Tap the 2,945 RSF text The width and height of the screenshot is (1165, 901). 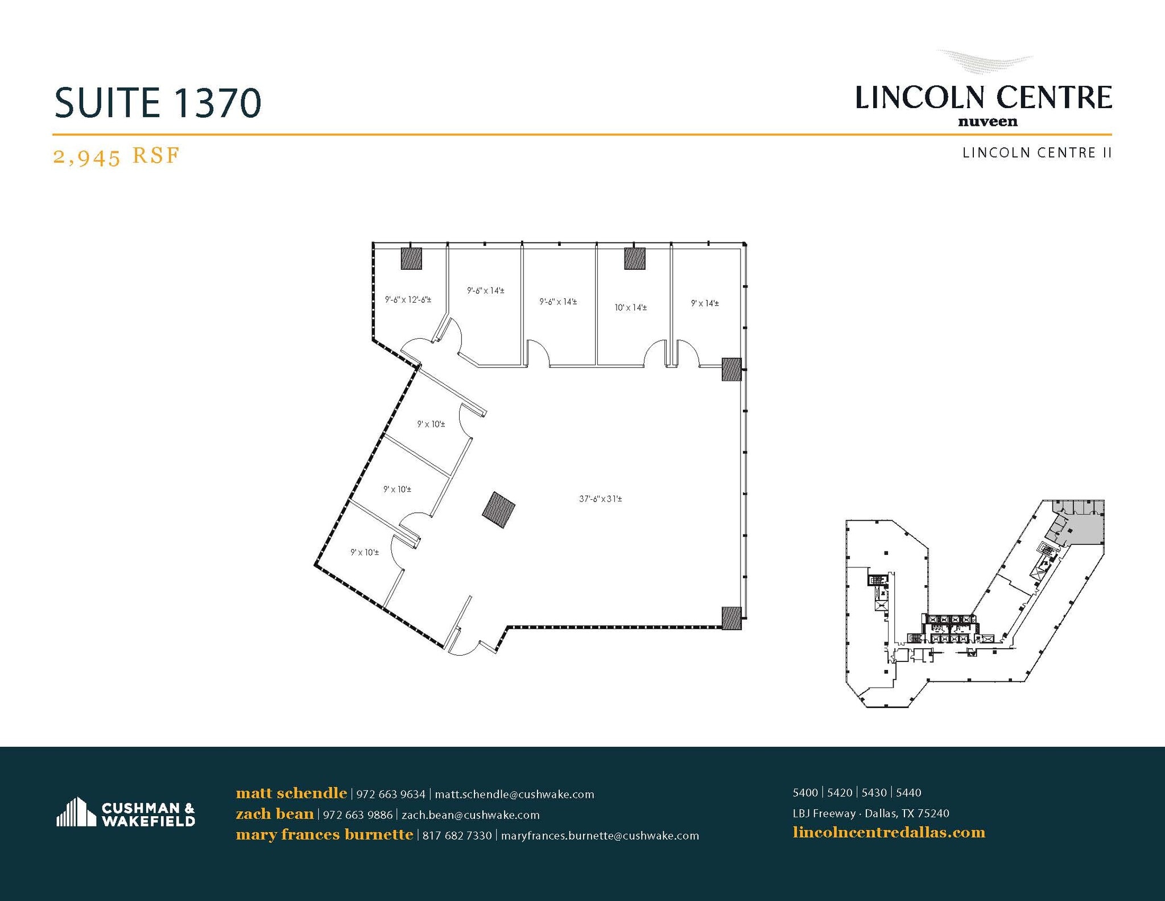[116, 155]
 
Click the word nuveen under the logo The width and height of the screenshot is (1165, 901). [988, 121]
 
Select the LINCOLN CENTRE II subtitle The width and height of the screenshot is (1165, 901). [1036, 153]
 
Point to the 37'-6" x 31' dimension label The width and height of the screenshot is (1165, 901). [600, 499]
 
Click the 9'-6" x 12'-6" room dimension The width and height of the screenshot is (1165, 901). [408, 299]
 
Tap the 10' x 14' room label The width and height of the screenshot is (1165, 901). [630, 307]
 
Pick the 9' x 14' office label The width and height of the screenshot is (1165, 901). [705, 303]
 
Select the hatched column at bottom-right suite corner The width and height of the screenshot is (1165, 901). [732, 618]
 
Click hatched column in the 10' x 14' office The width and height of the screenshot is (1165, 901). [634, 258]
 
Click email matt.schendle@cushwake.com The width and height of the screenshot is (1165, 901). [514, 794]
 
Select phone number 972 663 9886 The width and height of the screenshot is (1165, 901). [357, 815]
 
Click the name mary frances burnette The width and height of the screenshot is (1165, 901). [324, 835]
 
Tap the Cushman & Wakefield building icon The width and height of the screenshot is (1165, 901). [76, 812]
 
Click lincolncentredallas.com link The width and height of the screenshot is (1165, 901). [889, 833]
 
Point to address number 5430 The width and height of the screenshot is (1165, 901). [874, 793]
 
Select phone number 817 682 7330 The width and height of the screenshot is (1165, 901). [457, 836]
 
